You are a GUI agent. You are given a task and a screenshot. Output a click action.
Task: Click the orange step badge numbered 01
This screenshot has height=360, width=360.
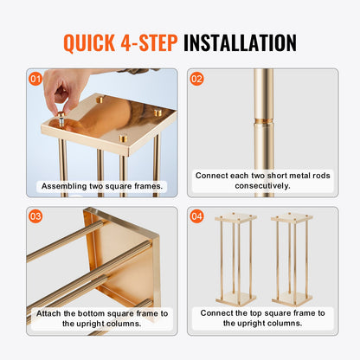pyautogui.click(x=35, y=79)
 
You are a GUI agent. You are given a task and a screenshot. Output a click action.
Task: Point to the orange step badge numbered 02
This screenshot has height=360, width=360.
pyautogui.click(x=197, y=79)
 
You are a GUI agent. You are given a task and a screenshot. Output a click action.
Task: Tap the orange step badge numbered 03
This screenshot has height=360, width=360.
pyautogui.click(x=35, y=216)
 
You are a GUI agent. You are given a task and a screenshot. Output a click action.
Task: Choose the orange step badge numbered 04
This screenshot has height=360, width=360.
pyautogui.click(x=197, y=216)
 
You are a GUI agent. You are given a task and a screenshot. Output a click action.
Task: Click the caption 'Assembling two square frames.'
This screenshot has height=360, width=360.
pyautogui.click(x=100, y=185)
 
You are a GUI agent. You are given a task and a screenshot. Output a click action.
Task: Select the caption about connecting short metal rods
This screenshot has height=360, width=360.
pyautogui.click(x=262, y=180)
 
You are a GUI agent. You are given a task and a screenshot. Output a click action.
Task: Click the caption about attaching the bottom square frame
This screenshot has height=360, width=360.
pyautogui.click(x=100, y=318)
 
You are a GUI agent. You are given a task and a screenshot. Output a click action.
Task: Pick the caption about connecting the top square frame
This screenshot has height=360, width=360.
pyautogui.click(x=262, y=318)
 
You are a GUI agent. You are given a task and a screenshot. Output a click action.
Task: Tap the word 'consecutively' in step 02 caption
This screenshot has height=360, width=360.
pyautogui.click(x=262, y=186)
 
